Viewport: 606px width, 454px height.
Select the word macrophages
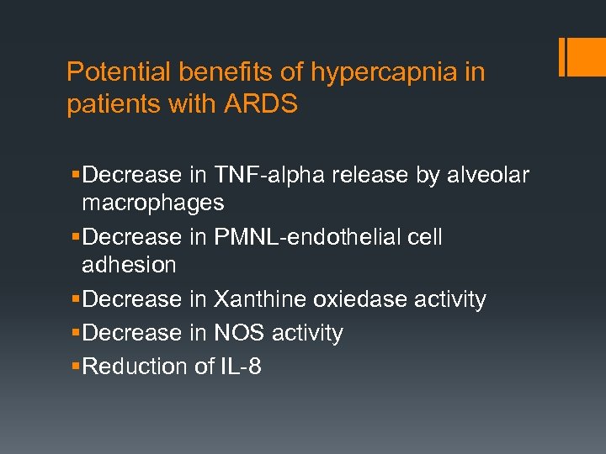(x=152, y=203)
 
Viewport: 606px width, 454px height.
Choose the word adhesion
(x=129, y=265)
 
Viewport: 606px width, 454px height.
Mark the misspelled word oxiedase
(x=361, y=299)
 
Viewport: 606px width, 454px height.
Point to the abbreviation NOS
(x=239, y=333)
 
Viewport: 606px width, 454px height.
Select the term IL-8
(x=240, y=367)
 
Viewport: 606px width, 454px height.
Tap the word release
(x=365, y=175)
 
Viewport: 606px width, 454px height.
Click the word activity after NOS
(x=307, y=333)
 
